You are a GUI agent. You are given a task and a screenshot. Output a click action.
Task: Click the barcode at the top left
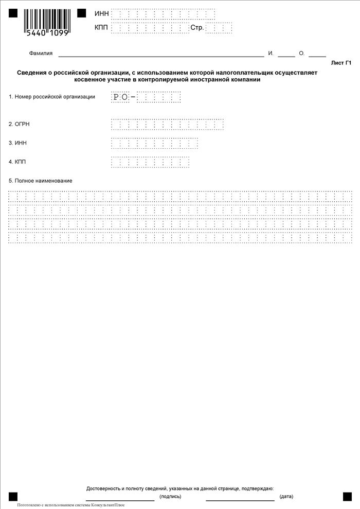(47, 22)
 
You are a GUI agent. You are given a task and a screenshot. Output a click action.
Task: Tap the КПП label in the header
(102, 27)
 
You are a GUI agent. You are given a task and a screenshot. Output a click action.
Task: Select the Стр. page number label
(197, 27)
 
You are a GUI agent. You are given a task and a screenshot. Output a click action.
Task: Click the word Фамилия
(41, 54)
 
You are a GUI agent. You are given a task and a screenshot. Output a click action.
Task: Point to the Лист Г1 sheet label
(341, 63)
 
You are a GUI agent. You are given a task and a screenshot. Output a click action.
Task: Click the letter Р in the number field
(116, 97)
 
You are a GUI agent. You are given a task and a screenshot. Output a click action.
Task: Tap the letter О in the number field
(124, 97)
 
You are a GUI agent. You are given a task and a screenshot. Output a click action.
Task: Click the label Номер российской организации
(52, 97)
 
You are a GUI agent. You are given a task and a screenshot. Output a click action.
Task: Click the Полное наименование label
(41, 181)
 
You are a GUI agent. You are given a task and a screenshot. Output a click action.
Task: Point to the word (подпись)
(170, 497)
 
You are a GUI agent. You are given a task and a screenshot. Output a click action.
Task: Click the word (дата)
(286, 497)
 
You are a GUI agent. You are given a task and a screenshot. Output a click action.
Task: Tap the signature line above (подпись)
(120, 500)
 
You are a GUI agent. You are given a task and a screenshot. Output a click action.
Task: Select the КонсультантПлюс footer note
(71, 505)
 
